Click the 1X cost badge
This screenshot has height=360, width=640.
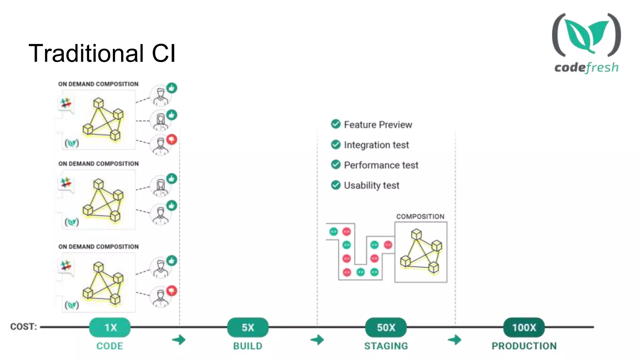tap(110, 327)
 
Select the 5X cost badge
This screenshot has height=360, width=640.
tap(248, 327)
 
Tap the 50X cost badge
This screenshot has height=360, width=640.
tap(386, 327)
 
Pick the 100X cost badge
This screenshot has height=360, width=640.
tap(524, 327)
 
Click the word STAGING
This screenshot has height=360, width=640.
tap(386, 346)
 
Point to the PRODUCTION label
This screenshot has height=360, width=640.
tap(524, 346)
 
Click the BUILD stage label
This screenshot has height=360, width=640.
tap(248, 346)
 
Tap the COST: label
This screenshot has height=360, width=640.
tap(23, 327)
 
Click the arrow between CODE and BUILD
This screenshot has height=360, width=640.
tap(179, 340)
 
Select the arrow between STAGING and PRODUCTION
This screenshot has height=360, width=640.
tap(455, 340)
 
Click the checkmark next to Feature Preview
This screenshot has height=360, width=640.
tap(336, 124)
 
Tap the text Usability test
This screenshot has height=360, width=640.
tap(372, 185)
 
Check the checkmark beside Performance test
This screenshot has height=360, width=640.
tap(336, 164)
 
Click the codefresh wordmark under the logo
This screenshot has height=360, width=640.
tap(586, 67)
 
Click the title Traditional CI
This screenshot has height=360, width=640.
tap(102, 53)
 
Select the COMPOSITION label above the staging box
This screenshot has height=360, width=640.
tap(420, 217)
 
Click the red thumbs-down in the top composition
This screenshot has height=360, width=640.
tap(172, 139)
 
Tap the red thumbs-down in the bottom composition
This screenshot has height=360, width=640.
tap(172, 291)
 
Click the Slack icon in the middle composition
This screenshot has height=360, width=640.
tap(66, 182)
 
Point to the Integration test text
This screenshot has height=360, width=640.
tap(376, 145)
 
